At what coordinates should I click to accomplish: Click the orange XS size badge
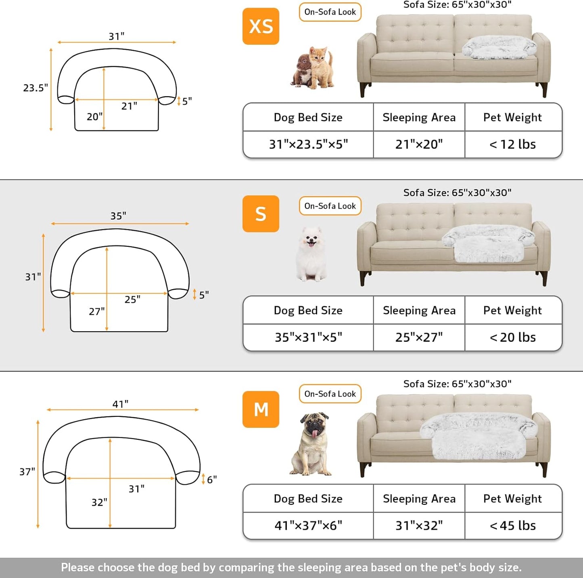tap(261, 26)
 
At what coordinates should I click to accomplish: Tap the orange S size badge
tap(261, 214)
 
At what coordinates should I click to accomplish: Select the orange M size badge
tap(261, 409)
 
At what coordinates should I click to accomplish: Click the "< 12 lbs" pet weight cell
tap(513, 144)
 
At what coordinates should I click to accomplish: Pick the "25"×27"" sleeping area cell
tap(419, 337)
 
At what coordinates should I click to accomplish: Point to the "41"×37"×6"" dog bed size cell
tap(308, 525)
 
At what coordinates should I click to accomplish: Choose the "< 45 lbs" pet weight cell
tap(513, 525)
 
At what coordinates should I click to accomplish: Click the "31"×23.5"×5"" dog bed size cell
tap(308, 144)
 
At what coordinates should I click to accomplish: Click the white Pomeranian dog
tap(311, 254)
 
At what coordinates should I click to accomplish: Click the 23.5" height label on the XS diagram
tap(36, 88)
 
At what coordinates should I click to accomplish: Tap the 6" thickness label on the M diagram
tap(212, 479)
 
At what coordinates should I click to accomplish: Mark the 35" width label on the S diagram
tap(118, 216)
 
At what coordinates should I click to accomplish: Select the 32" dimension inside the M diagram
tap(99, 502)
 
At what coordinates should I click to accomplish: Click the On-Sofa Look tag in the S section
tap(330, 206)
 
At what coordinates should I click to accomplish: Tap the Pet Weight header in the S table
tap(513, 310)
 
